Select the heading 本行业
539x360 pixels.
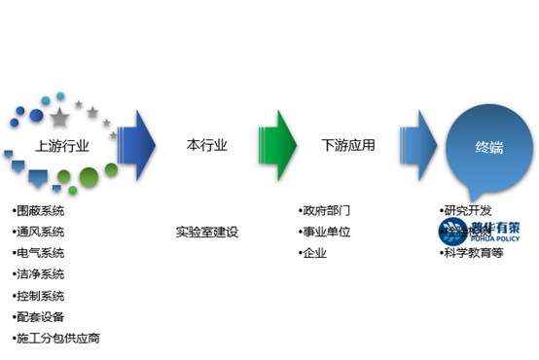pos(206,146)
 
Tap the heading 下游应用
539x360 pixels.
pos(347,146)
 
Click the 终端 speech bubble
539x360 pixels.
pos(489,149)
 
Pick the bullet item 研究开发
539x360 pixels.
pos(466,210)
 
